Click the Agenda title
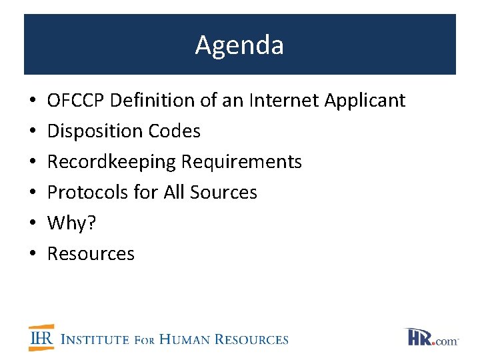pyautogui.click(x=239, y=45)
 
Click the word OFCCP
pyautogui.click(x=76, y=101)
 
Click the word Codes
pyautogui.click(x=175, y=131)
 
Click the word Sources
pyautogui.click(x=223, y=193)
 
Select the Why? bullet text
pyautogui.click(x=72, y=223)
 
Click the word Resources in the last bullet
pyautogui.click(x=91, y=254)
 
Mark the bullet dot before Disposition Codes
pyautogui.click(x=33, y=132)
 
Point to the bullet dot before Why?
pyautogui.click(x=33, y=224)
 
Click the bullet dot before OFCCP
pyautogui.click(x=33, y=101)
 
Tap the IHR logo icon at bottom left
pyautogui.click(x=41, y=338)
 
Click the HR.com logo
pyautogui.click(x=431, y=337)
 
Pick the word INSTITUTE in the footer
pyautogui.click(x=95, y=339)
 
